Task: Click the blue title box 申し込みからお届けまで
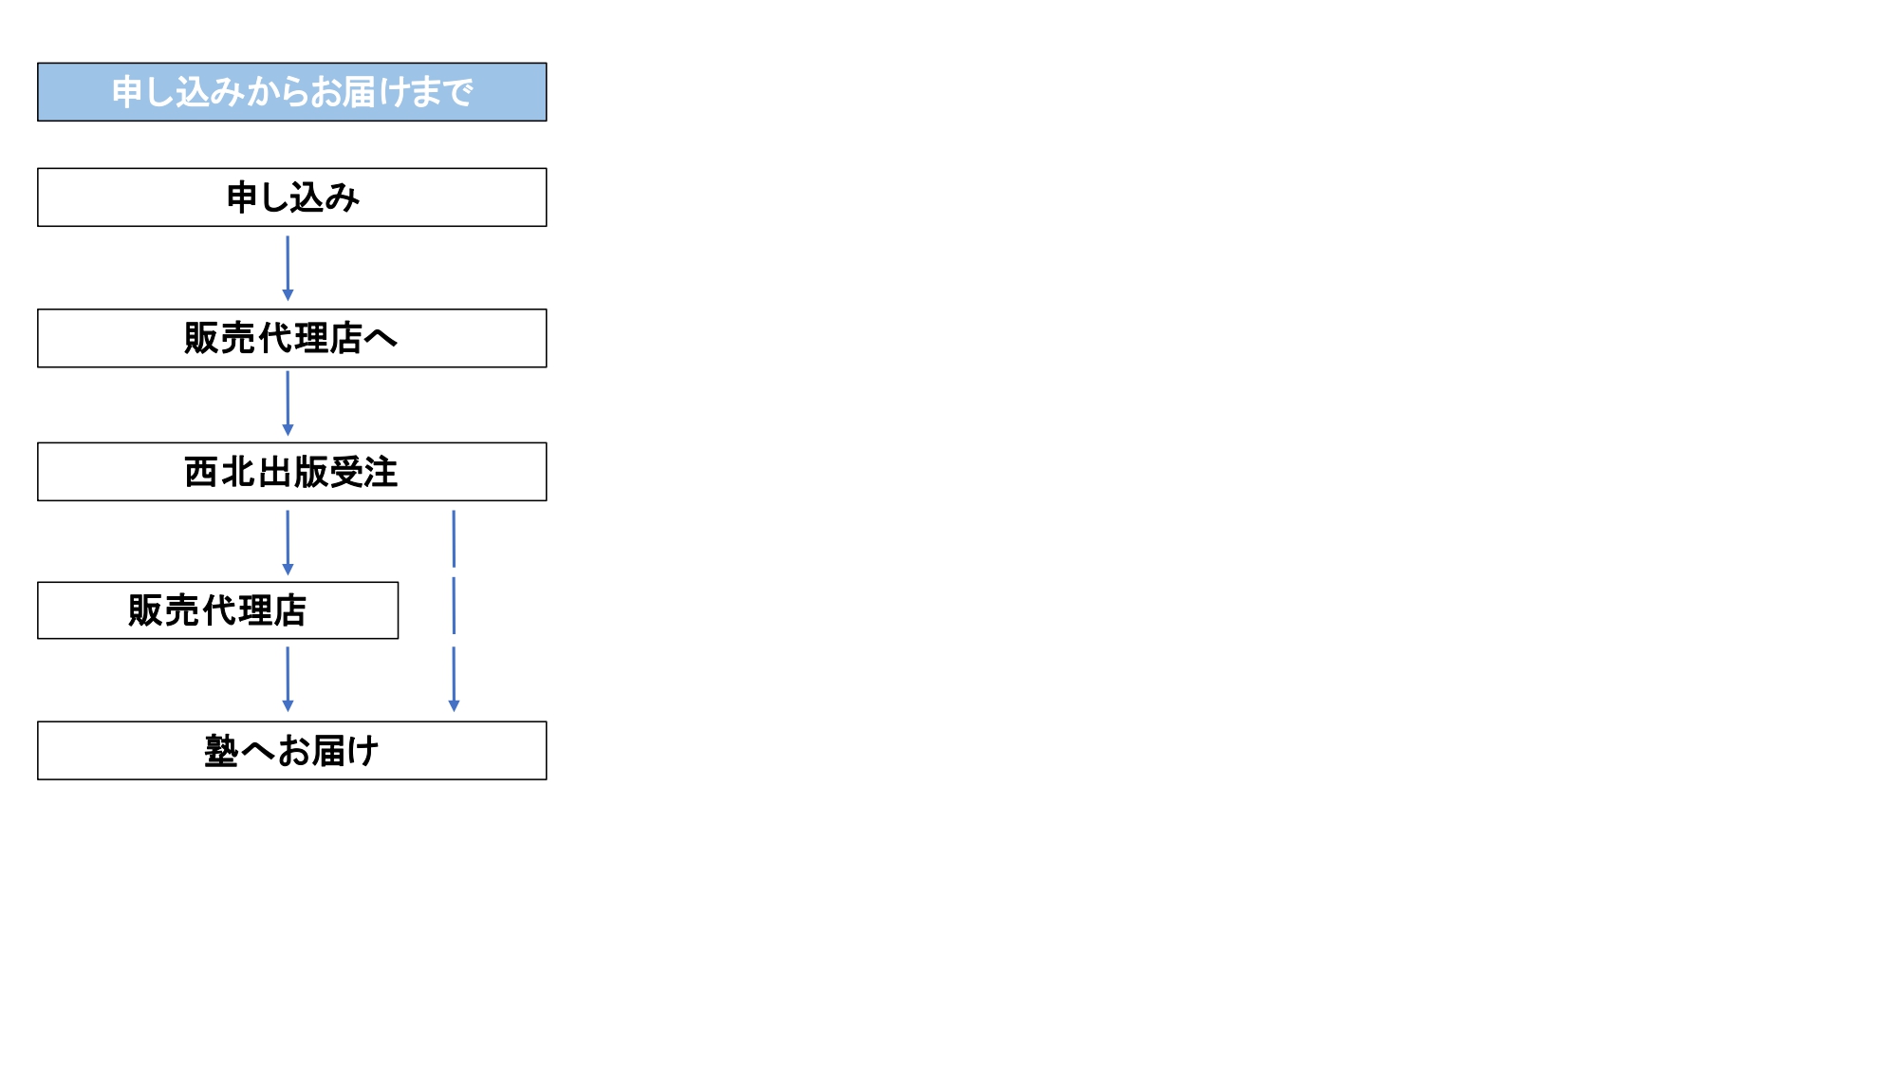tap(292, 92)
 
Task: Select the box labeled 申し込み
tap(292, 197)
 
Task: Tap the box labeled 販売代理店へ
tap(292, 338)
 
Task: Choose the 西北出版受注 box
tap(292, 472)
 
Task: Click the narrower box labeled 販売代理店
tap(218, 610)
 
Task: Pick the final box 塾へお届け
tap(292, 751)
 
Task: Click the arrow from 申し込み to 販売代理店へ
tap(288, 269)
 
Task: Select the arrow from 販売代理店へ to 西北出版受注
tap(288, 403)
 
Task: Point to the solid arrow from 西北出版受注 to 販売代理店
tap(288, 543)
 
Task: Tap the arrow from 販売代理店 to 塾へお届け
tap(288, 680)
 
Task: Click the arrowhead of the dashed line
tap(454, 706)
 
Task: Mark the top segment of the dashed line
tap(454, 539)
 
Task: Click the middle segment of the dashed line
tap(454, 606)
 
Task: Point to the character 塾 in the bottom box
tap(221, 751)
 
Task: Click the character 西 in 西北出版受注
tap(201, 472)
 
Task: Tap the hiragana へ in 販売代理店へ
tap(381, 338)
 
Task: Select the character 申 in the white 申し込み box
tap(243, 197)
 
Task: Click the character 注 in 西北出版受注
tap(381, 472)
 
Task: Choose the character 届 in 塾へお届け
tap(329, 751)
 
